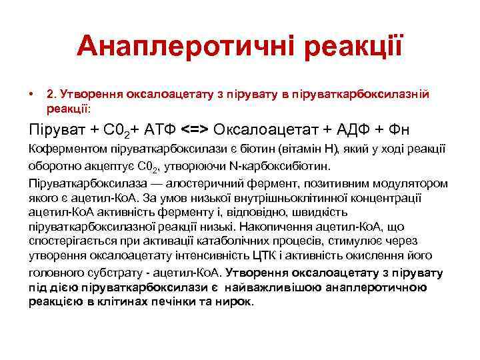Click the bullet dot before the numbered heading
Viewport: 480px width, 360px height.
pos(31,95)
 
